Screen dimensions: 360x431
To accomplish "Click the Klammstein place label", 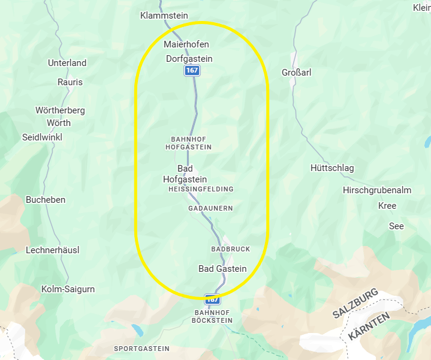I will tap(164, 15).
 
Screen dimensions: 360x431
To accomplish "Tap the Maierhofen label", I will tap(186, 44).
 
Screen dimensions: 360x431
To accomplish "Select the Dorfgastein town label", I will tap(189, 59).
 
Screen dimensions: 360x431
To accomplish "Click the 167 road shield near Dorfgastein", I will tap(192, 71).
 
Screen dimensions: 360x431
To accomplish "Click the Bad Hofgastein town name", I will tap(185, 174).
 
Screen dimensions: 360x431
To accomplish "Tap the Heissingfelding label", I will tap(201, 189).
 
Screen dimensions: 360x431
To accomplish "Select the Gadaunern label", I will tap(210, 208).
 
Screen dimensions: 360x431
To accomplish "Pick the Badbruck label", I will tap(231, 249).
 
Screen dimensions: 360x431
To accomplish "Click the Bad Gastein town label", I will tap(222, 269).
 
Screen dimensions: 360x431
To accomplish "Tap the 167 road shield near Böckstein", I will tap(212, 299).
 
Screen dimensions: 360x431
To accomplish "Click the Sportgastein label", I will tap(142, 349).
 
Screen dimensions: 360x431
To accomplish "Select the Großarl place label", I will tap(296, 73).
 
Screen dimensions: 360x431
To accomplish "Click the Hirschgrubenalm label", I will tap(377, 190).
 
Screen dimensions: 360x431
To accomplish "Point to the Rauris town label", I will tap(70, 82).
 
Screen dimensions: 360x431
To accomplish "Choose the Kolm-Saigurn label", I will tap(68, 289).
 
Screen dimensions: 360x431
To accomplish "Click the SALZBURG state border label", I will tap(356, 304).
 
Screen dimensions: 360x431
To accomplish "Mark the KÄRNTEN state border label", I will tap(369, 326).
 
